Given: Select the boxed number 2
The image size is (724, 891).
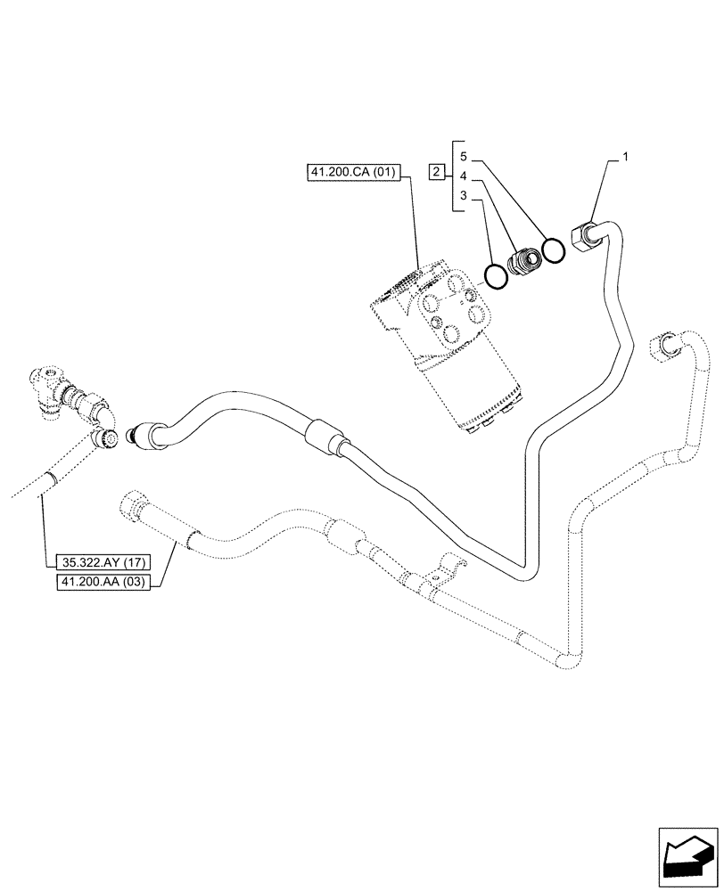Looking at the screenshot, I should [436, 171].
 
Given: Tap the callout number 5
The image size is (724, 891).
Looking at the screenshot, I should [464, 156].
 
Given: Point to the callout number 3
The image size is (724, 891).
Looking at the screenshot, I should [464, 195].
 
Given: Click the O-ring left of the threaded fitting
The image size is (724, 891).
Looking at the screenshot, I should [496, 275].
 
